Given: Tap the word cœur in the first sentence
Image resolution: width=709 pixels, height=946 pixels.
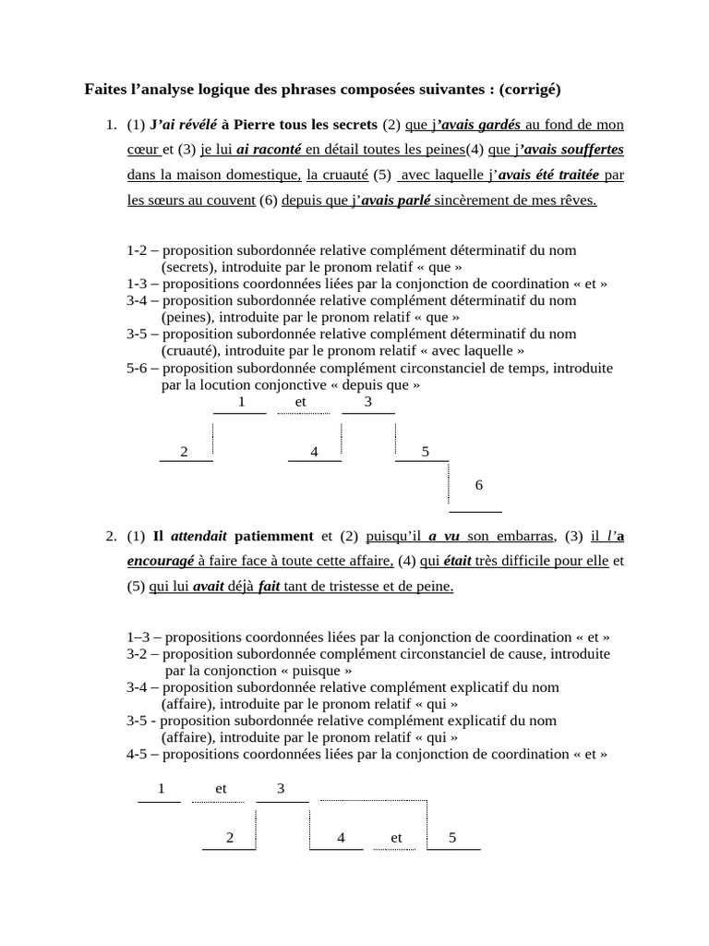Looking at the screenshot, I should (144, 150).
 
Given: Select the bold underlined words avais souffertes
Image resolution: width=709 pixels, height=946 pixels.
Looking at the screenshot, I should (570, 150).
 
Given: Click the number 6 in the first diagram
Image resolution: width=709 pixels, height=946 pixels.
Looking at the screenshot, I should (478, 485).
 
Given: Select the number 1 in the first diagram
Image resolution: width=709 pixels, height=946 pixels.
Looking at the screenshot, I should (241, 402).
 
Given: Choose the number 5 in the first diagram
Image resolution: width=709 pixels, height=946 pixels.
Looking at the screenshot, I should (425, 452).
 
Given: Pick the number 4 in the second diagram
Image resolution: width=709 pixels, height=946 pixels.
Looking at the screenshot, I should (341, 838).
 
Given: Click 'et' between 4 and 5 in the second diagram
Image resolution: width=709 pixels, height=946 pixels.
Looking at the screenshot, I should (396, 838).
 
